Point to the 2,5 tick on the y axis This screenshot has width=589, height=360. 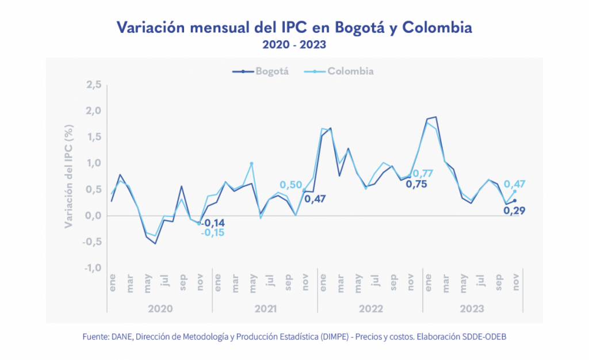[x=94, y=85]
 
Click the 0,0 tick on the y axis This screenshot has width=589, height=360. [x=94, y=216]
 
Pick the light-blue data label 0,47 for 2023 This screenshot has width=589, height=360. [x=515, y=184]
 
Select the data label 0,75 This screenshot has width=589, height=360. [x=417, y=185]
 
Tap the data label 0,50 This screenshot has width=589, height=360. [x=291, y=184]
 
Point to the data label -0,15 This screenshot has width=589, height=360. [x=213, y=233]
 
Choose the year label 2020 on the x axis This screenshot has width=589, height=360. [x=160, y=309]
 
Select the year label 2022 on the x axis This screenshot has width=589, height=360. [x=370, y=309]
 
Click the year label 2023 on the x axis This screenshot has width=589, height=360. [x=473, y=309]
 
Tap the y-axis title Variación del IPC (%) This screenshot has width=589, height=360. [x=68, y=176]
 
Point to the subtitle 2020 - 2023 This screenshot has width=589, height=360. [x=294, y=44]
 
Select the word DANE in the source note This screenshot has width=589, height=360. [x=120, y=336]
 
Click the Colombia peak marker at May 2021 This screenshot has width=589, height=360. [x=251, y=163]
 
